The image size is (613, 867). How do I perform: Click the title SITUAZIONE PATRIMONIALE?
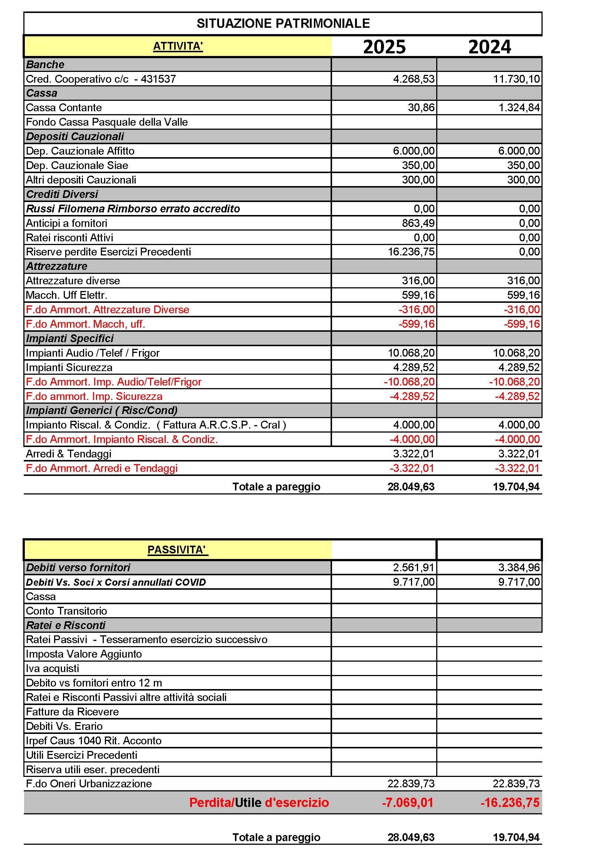[x=283, y=23]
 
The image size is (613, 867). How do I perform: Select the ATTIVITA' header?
[x=178, y=46]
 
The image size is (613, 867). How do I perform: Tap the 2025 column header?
[x=384, y=47]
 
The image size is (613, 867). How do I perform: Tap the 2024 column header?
[x=490, y=47]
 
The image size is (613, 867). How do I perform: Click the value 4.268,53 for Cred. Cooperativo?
[x=414, y=79]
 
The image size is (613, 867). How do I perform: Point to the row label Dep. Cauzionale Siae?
[x=77, y=165]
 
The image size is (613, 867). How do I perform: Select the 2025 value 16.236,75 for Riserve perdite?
[x=411, y=252]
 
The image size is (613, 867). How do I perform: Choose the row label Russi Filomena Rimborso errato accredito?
[x=133, y=209]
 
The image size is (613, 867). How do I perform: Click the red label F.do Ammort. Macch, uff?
[x=85, y=324]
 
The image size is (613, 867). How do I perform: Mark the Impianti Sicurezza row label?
[x=69, y=367]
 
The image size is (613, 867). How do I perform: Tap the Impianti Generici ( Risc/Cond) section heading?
[x=102, y=410]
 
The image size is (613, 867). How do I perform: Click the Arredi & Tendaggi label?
[x=68, y=454]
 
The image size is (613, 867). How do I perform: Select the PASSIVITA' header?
[x=178, y=550]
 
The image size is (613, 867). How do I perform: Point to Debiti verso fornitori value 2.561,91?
[x=414, y=567]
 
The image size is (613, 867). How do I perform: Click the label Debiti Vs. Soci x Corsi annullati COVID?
[x=116, y=582]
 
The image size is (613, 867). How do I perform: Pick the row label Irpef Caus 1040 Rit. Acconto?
[x=94, y=741]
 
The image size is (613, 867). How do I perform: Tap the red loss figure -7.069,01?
[x=408, y=803]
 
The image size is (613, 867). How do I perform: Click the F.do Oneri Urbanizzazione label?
[x=89, y=784]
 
